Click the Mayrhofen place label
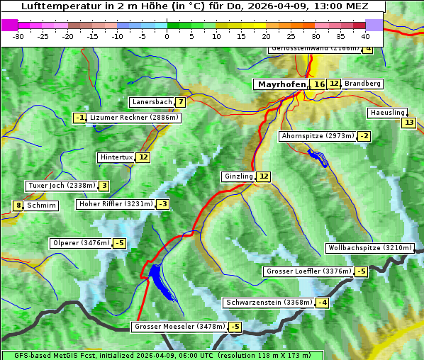pyautogui.click(x=281, y=84)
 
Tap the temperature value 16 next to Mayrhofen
pyautogui.click(x=319, y=84)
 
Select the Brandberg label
pyautogui.click(x=363, y=84)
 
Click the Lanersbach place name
pyautogui.click(x=152, y=102)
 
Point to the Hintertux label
pyautogui.click(x=116, y=157)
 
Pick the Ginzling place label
pyautogui.click(x=238, y=176)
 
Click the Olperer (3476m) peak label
pyautogui.click(x=81, y=243)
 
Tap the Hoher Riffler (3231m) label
pyautogui.click(x=115, y=204)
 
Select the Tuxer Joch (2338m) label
pyautogui.click(x=61, y=186)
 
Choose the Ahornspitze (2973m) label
pyautogui.click(x=318, y=135)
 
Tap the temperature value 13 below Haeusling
pyautogui.click(x=408, y=123)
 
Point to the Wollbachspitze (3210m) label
pyautogui.click(x=369, y=248)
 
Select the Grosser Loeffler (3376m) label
pyautogui.click(x=308, y=271)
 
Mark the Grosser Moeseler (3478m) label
pyautogui.click(x=179, y=327)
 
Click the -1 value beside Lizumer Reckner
pyautogui.click(x=79, y=118)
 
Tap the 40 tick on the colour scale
pyautogui.click(x=365, y=35)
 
